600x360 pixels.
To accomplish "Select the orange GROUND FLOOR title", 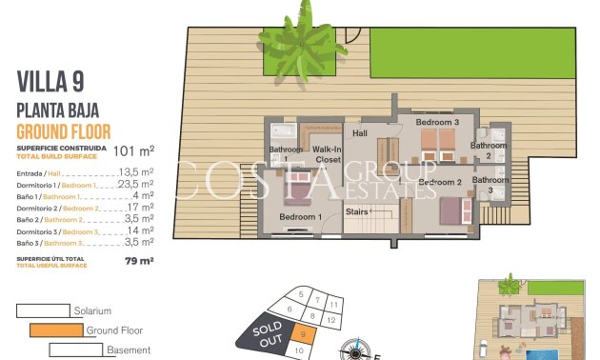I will [64, 131].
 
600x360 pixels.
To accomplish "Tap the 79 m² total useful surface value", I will [139, 259].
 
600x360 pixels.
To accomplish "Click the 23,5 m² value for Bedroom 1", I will [135, 185].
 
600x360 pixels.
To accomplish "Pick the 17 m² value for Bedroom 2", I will [140, 208].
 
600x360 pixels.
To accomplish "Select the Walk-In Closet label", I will [327, 154].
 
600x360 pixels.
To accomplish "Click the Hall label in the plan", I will [360, 133].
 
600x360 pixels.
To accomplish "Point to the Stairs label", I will [357, 211].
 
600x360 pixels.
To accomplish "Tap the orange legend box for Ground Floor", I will [56, 330].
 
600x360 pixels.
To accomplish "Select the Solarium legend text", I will [92, 310].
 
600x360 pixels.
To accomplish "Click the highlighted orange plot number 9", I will [302, 332].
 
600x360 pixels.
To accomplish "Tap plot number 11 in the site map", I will [333, 303].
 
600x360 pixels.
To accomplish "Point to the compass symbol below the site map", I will [359, 350].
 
